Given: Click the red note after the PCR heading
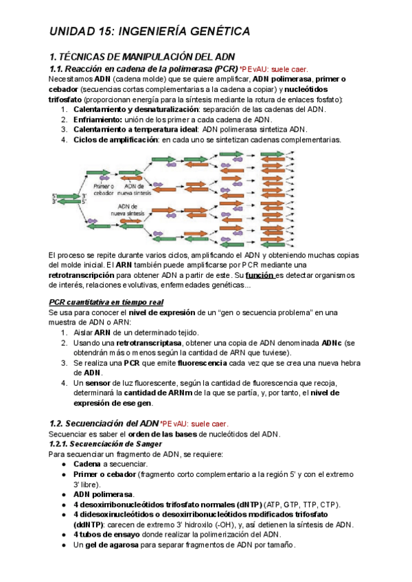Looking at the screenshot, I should click(274, 69).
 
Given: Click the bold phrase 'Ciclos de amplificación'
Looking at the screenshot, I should click(115, 139).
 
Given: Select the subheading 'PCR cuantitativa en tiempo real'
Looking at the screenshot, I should click(106, 302).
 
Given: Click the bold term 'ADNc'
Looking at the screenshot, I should click(333, 342).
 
